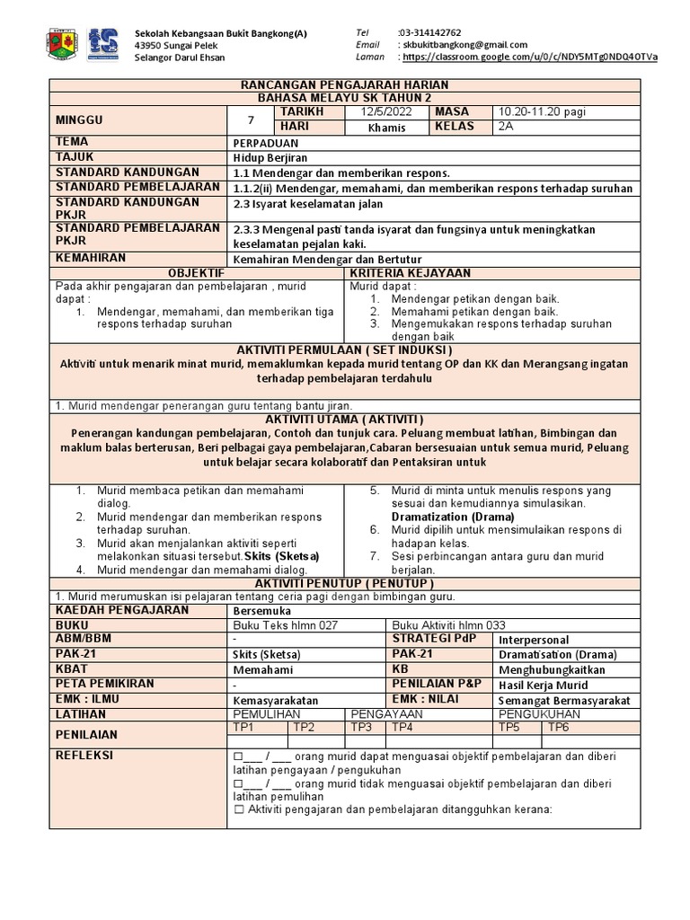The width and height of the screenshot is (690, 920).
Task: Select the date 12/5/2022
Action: [x=384, y=111]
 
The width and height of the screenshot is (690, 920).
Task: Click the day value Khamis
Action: [x=386, y=128]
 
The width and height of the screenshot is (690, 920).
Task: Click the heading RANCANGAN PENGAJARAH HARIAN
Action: [x=345, y=84]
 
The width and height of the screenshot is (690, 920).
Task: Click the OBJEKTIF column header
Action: [x=197, y=272]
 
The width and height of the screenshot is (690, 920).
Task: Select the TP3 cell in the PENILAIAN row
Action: [x=361, y=727]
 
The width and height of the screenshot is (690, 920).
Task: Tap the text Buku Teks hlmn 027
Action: [x=285, y=625]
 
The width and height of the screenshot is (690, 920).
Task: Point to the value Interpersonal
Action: [x=534, y=640]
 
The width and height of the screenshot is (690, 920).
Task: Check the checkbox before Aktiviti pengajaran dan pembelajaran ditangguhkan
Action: [x=239, y=809]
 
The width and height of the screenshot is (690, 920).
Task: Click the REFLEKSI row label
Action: [x=84, y=756]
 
